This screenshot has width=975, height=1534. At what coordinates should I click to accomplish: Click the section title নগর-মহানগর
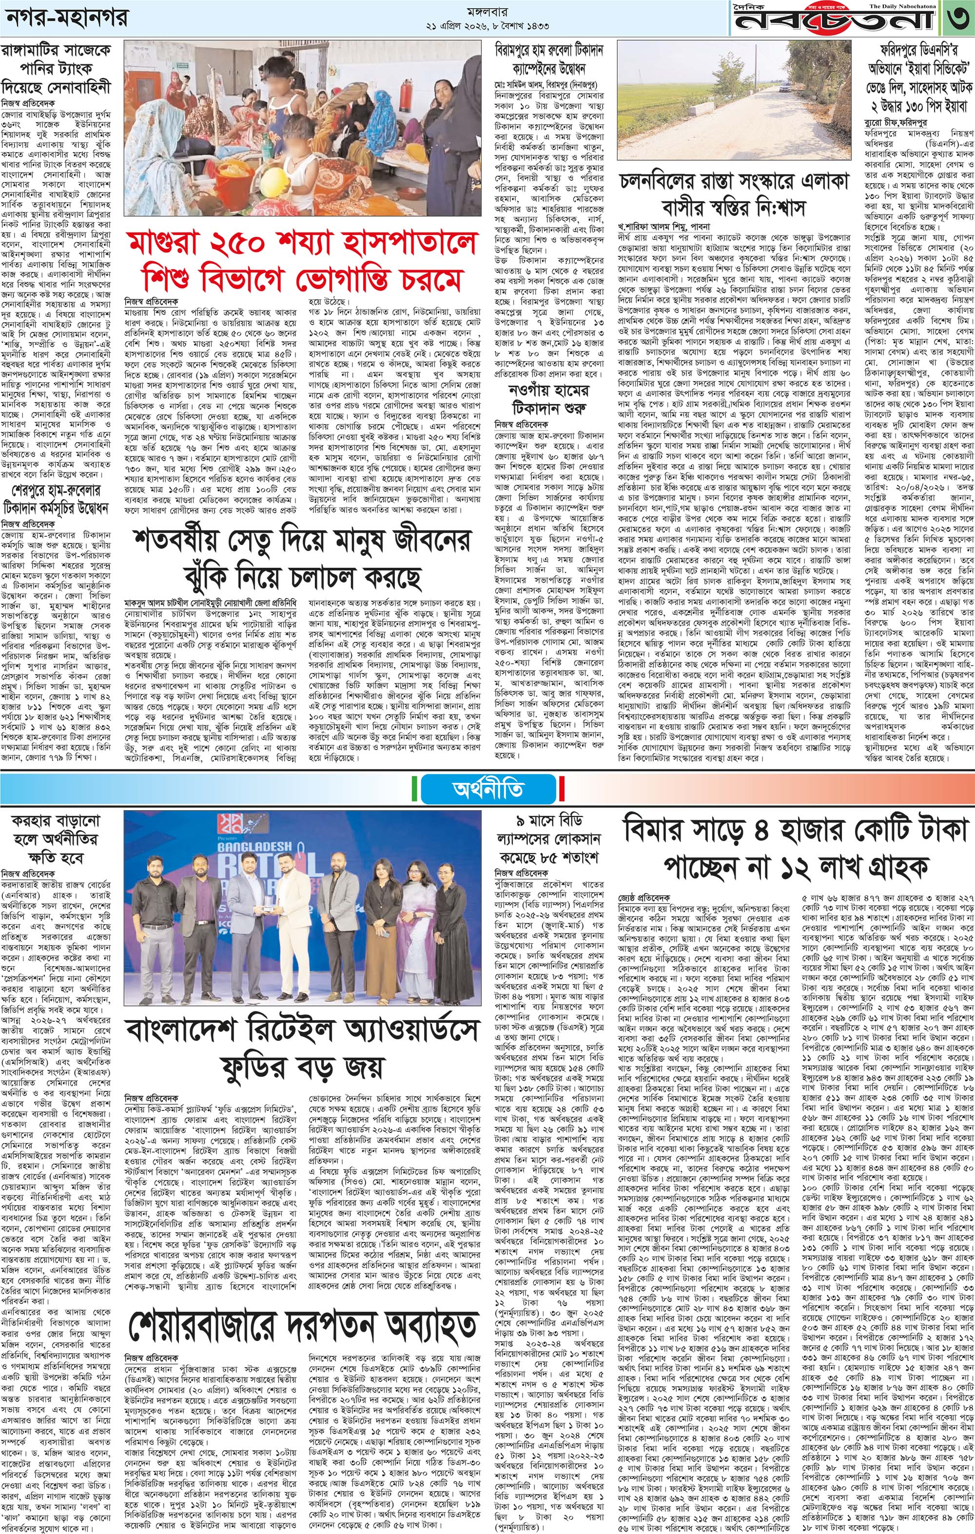coord(66,19)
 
